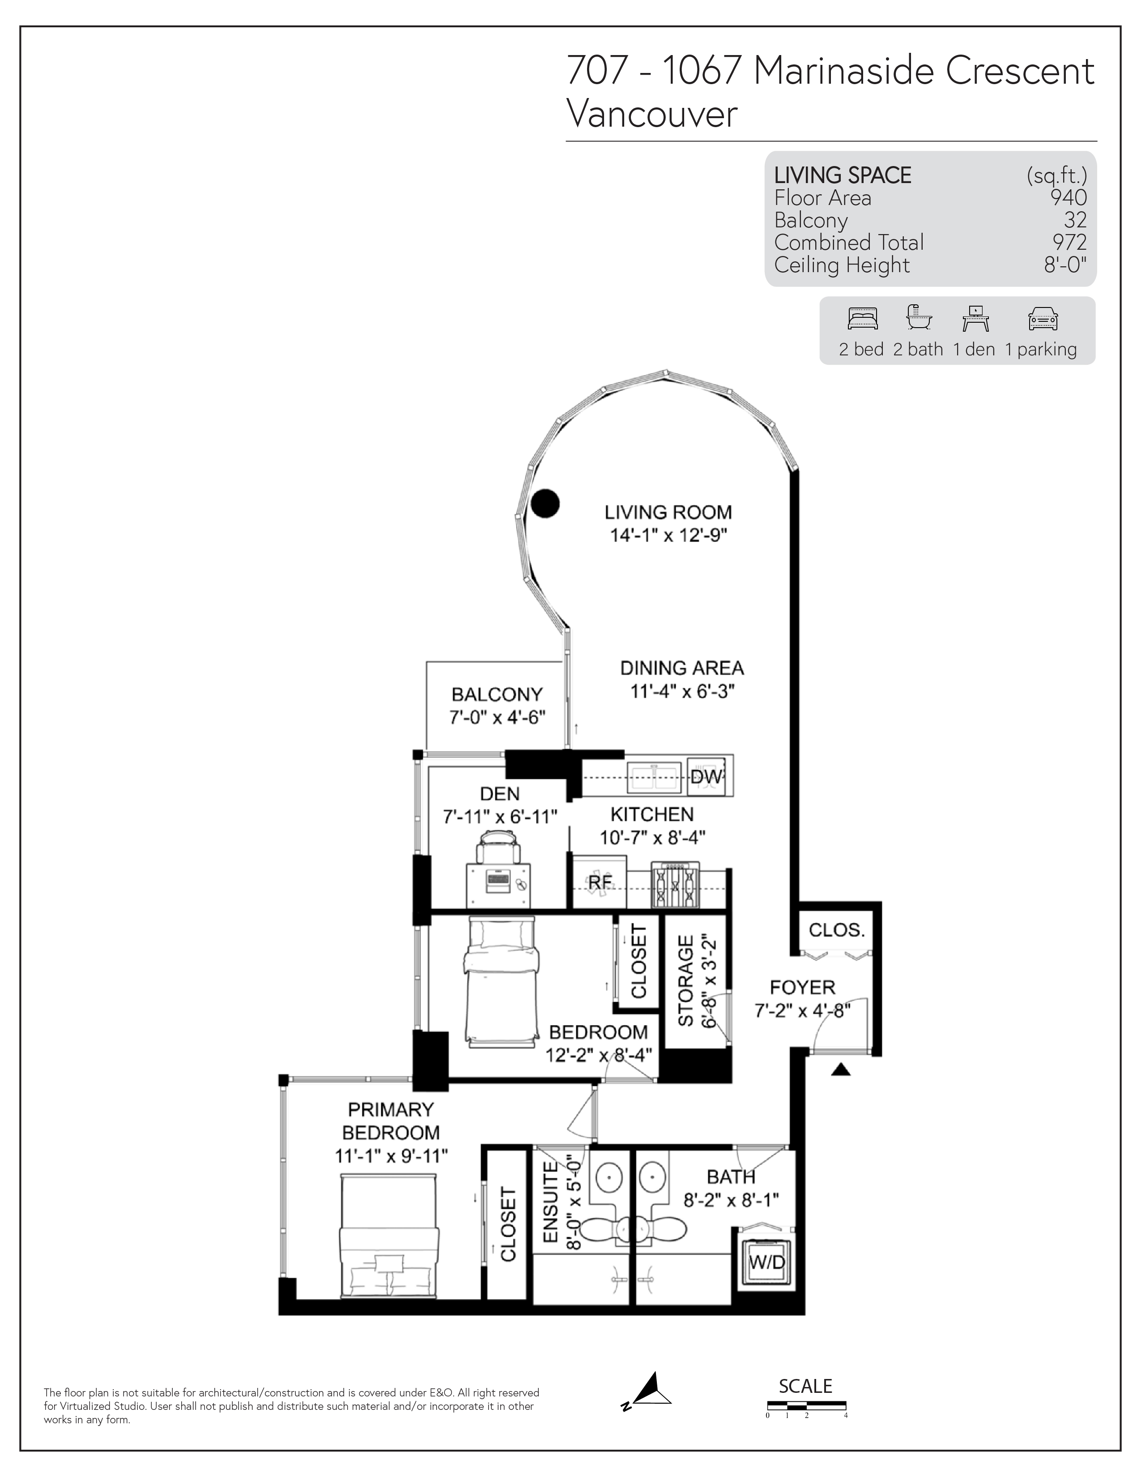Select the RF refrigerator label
point(600,883)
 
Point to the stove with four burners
point(675,885)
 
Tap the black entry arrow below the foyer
point(840,1069)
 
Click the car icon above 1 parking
point(1042,319)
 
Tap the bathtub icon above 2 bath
point(919,317)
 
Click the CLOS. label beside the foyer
point(837,930)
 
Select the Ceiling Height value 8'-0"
point(1065,265)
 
